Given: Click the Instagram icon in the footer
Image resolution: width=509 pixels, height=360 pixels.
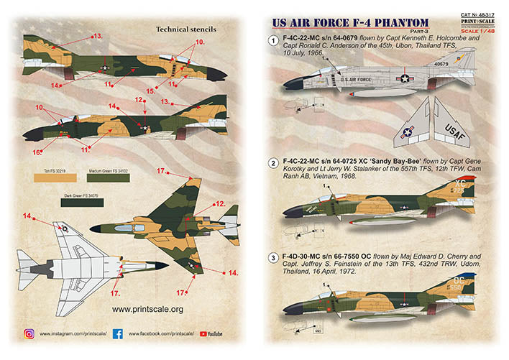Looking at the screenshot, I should (29, 334).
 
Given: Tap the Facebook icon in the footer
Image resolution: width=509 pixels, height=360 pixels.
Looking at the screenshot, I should (117, 334).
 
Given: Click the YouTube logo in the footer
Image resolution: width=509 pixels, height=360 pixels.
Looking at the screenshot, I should (211, 334).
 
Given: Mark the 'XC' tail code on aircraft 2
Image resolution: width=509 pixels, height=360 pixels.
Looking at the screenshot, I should (462, 184).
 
